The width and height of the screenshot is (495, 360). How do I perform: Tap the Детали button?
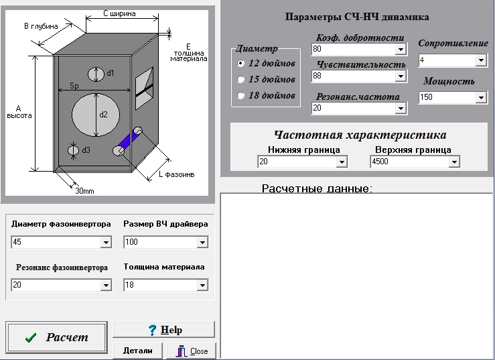138,351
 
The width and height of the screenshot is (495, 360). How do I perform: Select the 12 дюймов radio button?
240,63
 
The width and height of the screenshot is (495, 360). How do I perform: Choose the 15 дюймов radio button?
240,79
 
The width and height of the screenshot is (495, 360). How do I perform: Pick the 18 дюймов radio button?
240,96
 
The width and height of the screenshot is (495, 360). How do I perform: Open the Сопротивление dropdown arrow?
481,61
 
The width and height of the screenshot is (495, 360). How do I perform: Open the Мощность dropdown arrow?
481,98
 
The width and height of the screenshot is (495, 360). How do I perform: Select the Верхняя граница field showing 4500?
409,162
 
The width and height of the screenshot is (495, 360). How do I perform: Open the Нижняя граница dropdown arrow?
342,162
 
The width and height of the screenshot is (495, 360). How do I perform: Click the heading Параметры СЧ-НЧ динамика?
357,17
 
